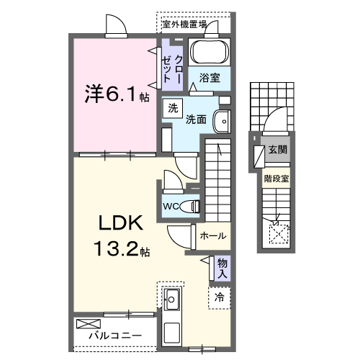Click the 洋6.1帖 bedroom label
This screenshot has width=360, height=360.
(x=114, y=94)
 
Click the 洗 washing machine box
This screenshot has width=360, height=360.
(x=173, y=109)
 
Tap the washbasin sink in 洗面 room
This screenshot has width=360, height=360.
(x=224, y=122)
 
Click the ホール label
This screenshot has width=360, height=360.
(x=212, y=235)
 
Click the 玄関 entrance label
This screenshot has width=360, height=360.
(x=277, y=150)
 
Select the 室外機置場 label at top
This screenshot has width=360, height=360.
(x=184, y=24)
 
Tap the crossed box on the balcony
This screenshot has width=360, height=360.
(x=86, y=325)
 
